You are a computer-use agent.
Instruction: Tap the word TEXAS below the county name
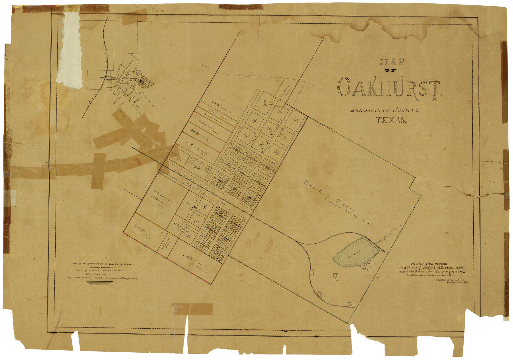[391, 120]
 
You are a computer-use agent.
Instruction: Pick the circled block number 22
[255, 121]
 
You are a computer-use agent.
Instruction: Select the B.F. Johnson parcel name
[163, 196]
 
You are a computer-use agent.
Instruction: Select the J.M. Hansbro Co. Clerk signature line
[450, 280]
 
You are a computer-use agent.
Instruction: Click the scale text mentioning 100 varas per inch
[103, 264]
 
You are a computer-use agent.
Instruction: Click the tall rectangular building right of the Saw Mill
[369, 267]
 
